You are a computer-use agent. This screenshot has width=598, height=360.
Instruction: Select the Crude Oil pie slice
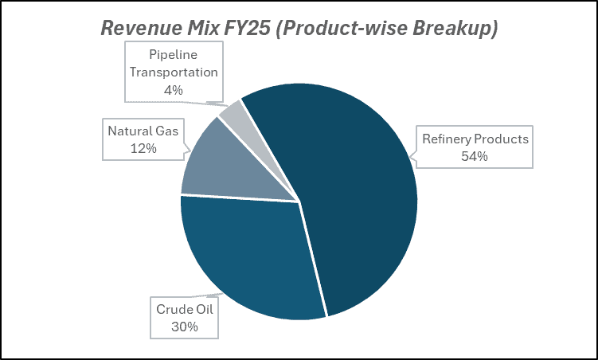(x=247, y=255)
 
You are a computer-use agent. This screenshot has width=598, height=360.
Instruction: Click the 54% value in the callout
(x=474, y=156)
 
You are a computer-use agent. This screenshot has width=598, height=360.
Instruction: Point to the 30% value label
(x=182, y=327)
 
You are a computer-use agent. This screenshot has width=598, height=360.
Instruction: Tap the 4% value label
(x=173, y=90)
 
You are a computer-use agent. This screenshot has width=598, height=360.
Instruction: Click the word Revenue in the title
(x=140, y=28)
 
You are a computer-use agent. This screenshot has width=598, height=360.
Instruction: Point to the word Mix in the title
(x=201, y=28)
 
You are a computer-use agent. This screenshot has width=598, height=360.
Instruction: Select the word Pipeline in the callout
(x=173, y=54)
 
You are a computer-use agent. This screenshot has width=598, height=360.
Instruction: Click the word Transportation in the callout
(x=173, y=72)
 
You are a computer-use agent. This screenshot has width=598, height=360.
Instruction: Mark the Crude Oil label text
(x=182, y=309)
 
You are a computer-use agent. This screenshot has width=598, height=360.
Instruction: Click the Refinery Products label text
(x=475, y=139)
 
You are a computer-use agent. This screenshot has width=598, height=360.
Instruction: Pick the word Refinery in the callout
(x=446, y=139)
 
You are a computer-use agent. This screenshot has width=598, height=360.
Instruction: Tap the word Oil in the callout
(x=203, y=309)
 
